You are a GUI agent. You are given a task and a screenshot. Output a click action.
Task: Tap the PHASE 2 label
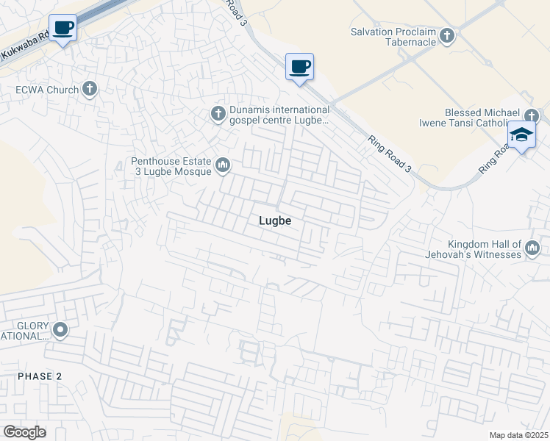[x=40, y=376]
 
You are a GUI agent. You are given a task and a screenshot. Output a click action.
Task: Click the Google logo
[x=24, y=432]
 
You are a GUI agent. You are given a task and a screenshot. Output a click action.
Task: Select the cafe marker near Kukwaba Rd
[x=63, y=29]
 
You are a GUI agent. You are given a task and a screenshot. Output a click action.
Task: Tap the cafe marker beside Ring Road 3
[x=299, y=68]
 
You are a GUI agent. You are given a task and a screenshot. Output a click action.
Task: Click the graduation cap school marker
[x=521, y=135]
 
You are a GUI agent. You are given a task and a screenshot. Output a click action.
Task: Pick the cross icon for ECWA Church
[x=90, y=90]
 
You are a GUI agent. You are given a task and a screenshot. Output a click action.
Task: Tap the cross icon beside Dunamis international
[x=218, y=114]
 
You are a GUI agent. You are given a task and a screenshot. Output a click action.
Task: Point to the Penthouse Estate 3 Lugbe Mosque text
[x=171, y=166]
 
